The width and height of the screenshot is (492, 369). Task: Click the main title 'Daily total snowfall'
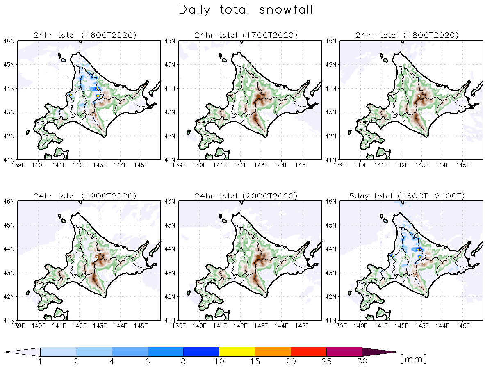[x=246, y=10]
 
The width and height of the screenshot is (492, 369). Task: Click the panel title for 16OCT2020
[x=85, y=35]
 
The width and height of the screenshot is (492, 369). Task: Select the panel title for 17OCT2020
[x=246, y=35]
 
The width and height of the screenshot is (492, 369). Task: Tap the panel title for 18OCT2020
[x=407, y=35]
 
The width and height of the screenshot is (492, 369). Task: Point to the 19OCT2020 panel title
[x=85, y=196]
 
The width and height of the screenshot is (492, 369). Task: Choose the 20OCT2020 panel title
[x=246, y=196]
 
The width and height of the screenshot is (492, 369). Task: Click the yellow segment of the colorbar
[x=237, y=352]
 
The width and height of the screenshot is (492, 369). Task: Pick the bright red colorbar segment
[x=308, y=352]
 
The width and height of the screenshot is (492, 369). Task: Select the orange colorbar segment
[x=273, y=352]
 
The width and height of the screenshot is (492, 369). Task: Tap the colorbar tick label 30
[x=362, y=362]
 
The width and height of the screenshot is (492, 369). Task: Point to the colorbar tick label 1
[x=40, y=362]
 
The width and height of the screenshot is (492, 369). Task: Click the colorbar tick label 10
[x=219, y=362]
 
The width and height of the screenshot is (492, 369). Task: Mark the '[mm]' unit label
[x=413, y=359]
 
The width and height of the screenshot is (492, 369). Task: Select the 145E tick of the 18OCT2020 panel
[x=463, y=165]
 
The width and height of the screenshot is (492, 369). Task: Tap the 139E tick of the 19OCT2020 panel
[x=18, y=326]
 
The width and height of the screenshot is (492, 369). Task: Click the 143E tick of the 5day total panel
[x=422, y=326]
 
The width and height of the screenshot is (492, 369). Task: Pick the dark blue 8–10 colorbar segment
[x=201, y=352]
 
